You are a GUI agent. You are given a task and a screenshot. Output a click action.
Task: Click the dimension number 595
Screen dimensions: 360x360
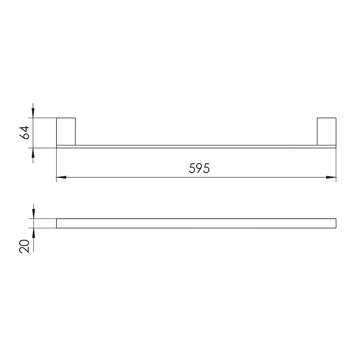199,168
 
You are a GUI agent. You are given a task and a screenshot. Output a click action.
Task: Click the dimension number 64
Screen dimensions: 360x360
24,133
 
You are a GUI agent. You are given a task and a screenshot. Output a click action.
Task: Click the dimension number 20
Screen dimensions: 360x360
24,246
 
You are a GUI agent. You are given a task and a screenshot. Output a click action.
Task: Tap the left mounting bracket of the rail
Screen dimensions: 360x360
66,132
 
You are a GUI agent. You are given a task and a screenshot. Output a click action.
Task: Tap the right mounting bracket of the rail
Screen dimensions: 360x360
326,132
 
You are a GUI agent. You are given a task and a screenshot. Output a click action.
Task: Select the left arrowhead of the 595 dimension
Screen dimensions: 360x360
61,177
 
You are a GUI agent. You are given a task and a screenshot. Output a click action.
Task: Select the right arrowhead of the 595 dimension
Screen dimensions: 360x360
331,177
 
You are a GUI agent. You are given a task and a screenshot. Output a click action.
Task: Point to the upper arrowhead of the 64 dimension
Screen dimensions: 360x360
33,113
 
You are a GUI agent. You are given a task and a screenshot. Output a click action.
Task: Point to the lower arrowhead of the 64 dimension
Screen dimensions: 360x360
33,153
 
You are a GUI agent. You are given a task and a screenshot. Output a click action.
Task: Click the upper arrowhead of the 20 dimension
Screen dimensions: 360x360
34,214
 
